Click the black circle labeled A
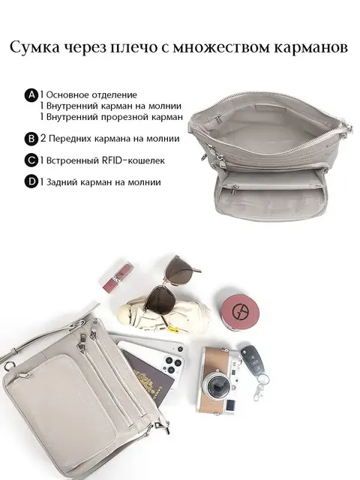(31, 95)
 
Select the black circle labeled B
(31, 139)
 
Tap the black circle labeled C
(31, 160)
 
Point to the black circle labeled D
(31, 182)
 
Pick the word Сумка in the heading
(34, 48)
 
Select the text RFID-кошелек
(133, 160)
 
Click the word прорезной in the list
(126, 117)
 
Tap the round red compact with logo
(240, 312)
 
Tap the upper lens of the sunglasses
(179, 270)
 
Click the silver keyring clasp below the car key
(259, 388)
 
